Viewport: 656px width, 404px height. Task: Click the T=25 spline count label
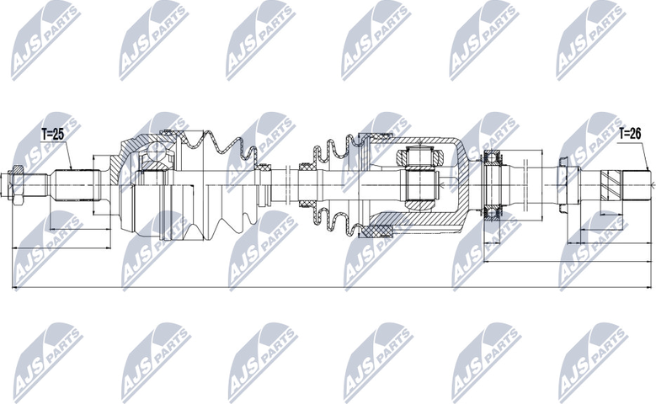[x=52, y=133]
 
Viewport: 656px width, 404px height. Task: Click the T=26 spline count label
[x=630, y=133]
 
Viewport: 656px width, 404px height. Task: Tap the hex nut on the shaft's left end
[x=17, y=179]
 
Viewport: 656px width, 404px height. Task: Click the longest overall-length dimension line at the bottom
[x=328, y=289]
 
